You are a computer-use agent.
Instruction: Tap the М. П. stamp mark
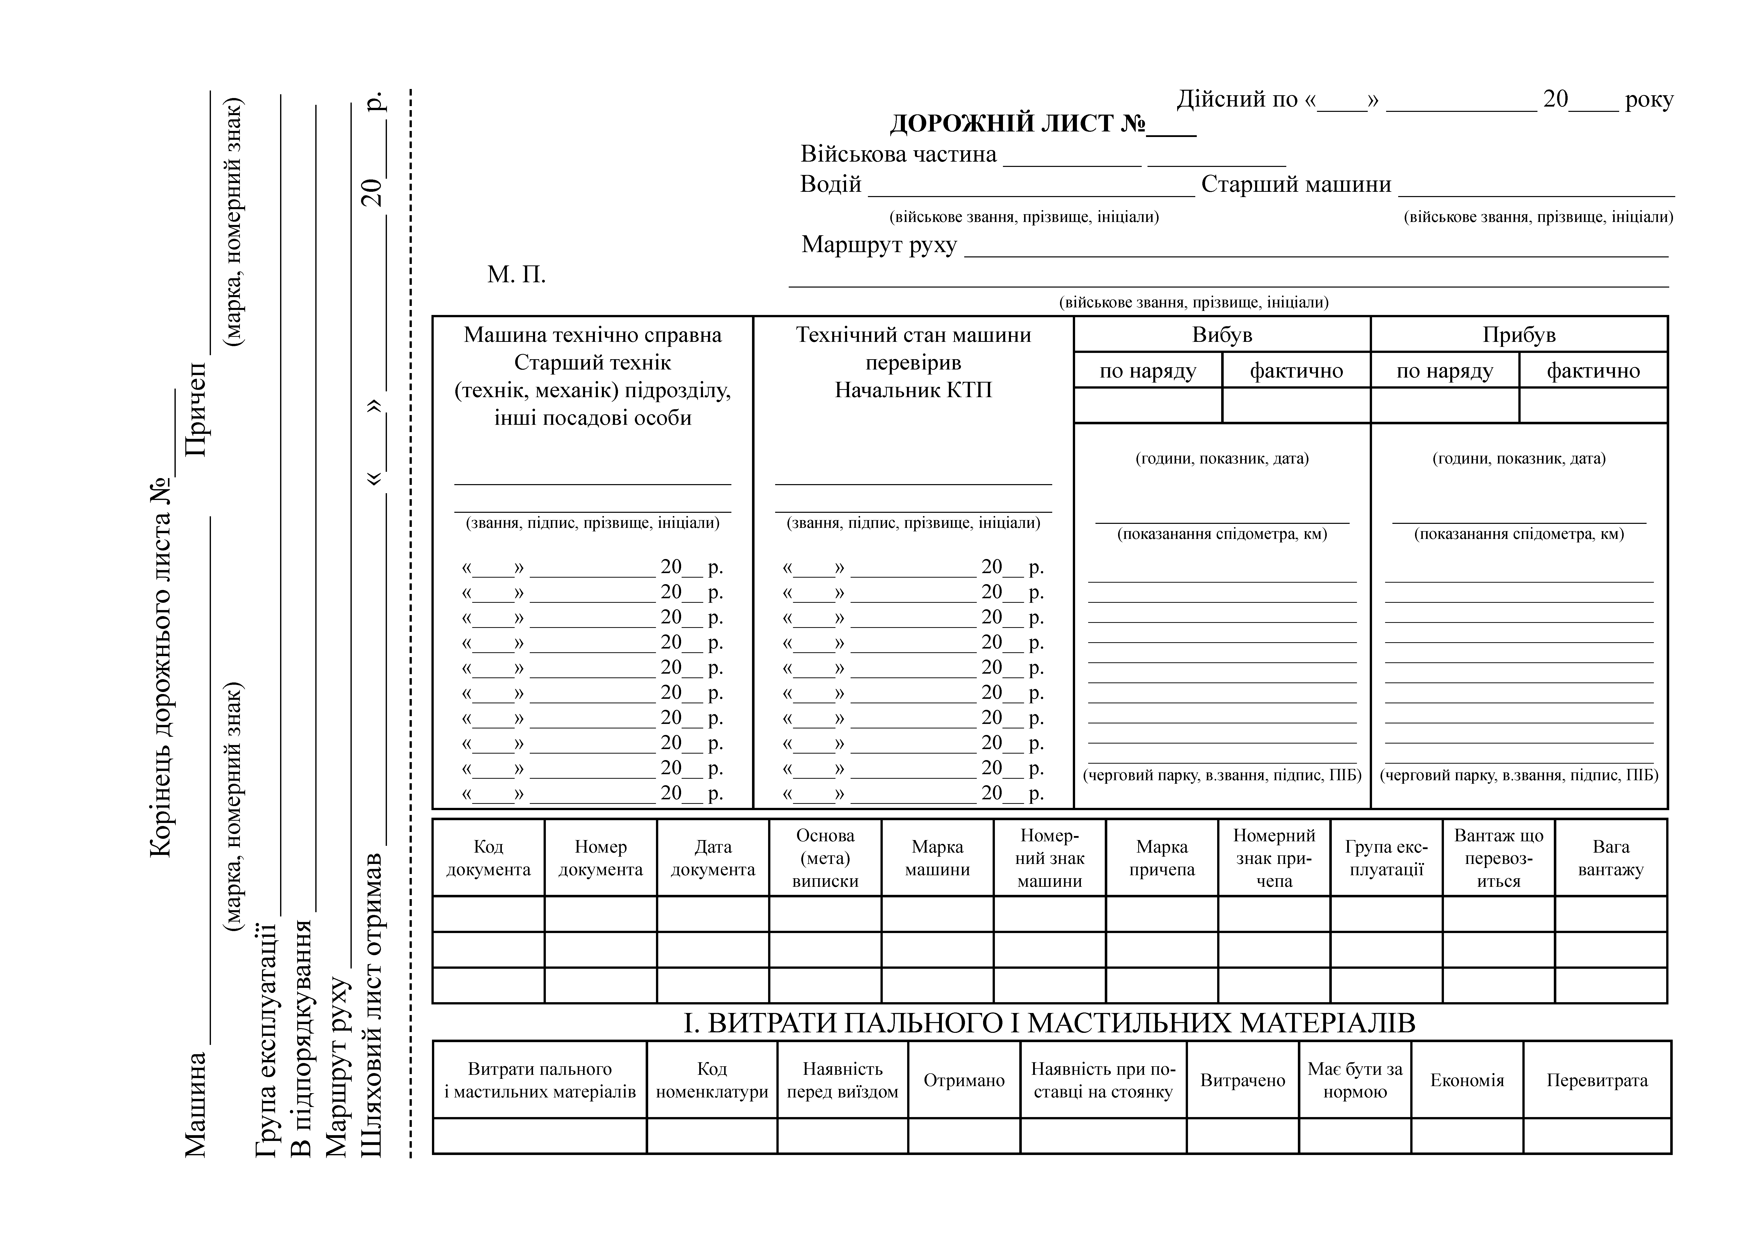pos(516,274)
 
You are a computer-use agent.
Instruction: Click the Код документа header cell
pos(489,858)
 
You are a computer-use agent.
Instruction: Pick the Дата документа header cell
pos(713,858)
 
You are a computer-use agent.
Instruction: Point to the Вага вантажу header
pos(1611,858)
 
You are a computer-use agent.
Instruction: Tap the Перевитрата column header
pos(1597,1080)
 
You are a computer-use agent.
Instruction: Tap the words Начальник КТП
pos(913,390)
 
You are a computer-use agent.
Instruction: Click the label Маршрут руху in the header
pos(879,245)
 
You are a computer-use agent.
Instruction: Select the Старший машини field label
pos(1296,184)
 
